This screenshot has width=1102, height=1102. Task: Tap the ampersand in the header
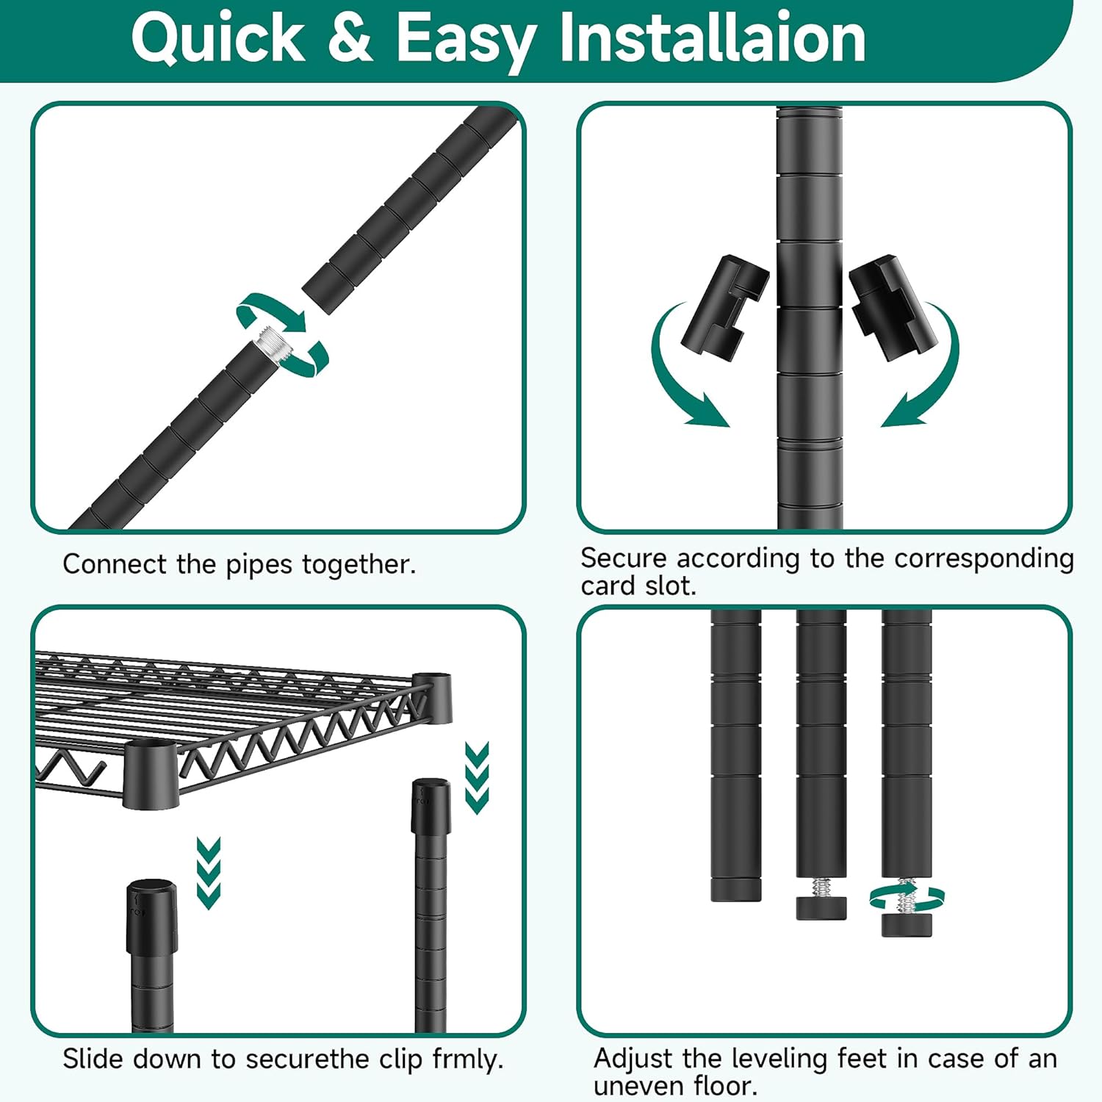[x=350, y=37]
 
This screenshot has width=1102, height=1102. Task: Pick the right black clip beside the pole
[x=894, y=308]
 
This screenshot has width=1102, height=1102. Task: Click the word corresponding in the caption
[x=984, y=559]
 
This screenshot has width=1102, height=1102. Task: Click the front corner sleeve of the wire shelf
[x=151, y=774]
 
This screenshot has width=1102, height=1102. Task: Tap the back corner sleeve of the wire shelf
[x=432, y=696]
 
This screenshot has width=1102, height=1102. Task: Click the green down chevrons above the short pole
[x=209, y=873]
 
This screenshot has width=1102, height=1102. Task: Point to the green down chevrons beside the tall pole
[x=477, y=778]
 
